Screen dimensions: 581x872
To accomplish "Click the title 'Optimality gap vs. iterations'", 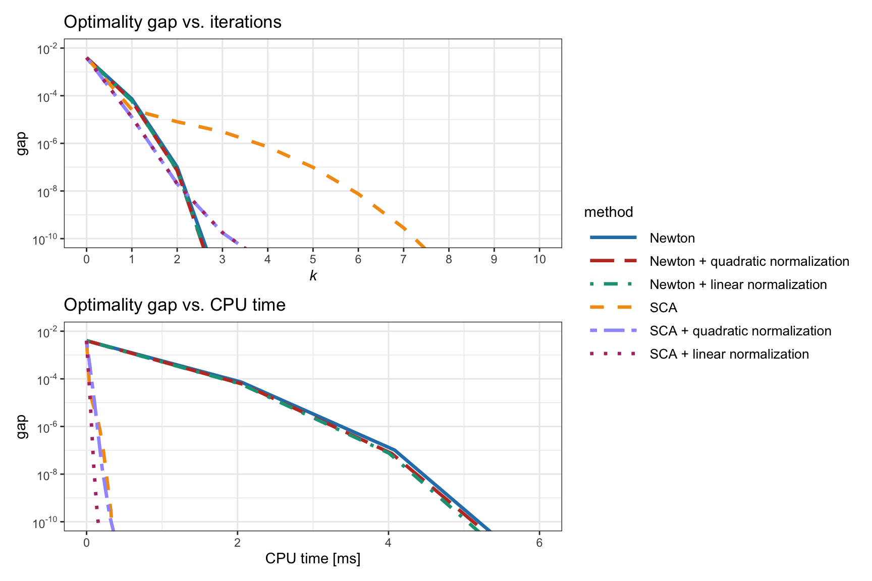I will click(x=173, y=22).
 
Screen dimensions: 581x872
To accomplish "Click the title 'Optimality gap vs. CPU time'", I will click(x=175, y=305).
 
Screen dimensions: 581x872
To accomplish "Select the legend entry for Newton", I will click(x=672, y=238).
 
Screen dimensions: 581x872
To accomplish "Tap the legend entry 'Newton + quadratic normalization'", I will click(x=749, y=261).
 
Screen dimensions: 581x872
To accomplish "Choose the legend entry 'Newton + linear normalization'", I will click(x=738, y=284).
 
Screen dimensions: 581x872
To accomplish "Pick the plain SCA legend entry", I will click(x=663, y=308).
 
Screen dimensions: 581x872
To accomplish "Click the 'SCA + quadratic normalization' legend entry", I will click(x=740, y=331).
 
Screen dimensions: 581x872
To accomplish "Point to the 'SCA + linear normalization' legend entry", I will click(x=729, y=354).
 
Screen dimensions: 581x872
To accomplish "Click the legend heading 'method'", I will click(x=608, y=212).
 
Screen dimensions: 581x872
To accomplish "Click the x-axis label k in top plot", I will click(x=313, y=276).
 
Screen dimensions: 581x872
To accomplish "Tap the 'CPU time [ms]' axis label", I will click(x=313, y=559).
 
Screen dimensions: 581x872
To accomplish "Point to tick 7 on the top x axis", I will click(x=403, y=259).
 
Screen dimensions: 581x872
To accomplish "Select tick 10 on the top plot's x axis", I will click(x=539, y=259).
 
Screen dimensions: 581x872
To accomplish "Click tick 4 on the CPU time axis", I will click(x=388, y=543).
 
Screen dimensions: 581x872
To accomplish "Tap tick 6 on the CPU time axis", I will click(x=539, y=543).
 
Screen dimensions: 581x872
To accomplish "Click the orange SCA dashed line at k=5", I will click(x=313, y=167).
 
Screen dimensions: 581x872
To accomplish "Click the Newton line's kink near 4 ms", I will click(x=394, y=449).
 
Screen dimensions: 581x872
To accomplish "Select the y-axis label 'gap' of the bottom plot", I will click(x=21, y=427).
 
